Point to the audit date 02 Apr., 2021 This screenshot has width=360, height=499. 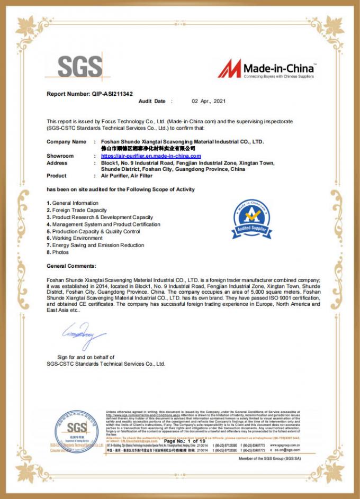208,101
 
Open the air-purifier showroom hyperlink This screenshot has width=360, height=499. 151,156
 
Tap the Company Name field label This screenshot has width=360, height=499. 66,142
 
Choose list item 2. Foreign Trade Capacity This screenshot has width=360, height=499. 76,210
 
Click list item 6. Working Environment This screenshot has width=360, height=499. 74,238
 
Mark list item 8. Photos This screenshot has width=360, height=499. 58,252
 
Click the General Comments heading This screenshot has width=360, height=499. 71,266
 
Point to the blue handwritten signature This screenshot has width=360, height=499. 84,333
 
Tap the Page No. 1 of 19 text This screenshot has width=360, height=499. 185,441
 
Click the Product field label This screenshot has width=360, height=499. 57,176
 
